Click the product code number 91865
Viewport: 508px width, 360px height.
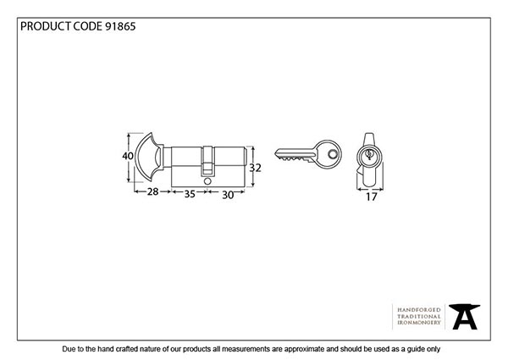(x=120, y=26)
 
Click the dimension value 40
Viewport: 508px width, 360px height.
(x=128, y=156)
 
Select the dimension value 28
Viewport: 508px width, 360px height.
(x=153, y=191)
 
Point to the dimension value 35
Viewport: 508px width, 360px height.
(x=190, y=194)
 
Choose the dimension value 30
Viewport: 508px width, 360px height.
(x=228, y=195)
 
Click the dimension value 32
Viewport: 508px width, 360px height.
(x=255, y=168)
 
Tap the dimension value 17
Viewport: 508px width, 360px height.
(x=372, y=197)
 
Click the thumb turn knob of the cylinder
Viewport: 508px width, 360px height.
(x=149, y=157)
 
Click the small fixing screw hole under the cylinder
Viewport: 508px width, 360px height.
(x=207, y=181)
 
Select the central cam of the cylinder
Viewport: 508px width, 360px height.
(x=207, y=161)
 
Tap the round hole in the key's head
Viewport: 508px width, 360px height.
(x=332, y=154)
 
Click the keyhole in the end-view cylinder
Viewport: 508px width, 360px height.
(x=369, y=154)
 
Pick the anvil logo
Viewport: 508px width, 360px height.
(x=464, y=317)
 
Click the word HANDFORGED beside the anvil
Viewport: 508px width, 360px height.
(x=419, y=310)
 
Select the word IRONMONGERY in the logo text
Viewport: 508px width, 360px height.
(x=419, y=323)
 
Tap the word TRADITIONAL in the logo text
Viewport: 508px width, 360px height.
(x=419, y=316)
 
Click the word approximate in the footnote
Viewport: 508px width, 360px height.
(x=304, y=349)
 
